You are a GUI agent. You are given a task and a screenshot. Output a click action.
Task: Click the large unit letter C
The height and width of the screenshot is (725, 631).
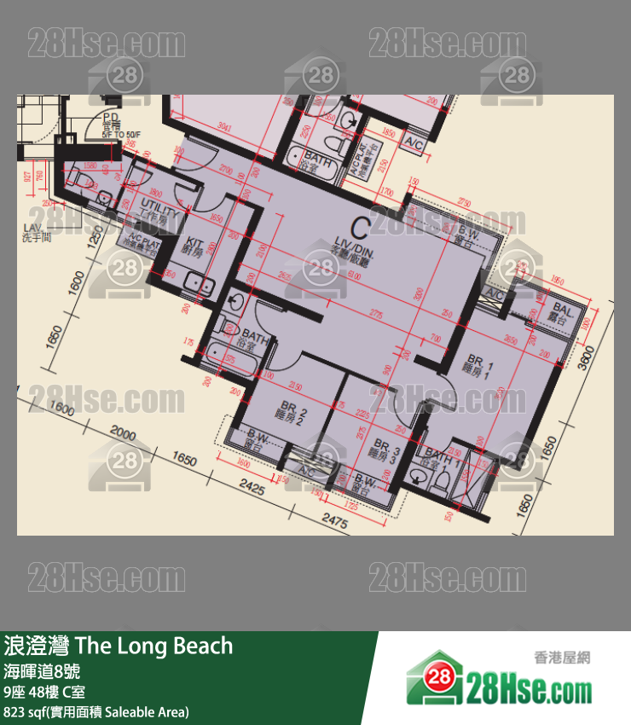tap(360, 227)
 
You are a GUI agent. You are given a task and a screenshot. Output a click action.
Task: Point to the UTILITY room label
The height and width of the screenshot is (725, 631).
tap(159, 214)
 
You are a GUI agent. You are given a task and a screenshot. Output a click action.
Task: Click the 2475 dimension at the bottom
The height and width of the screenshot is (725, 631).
tap(334, 522)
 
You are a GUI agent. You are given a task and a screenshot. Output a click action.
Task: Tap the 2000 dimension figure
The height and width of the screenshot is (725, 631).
tap(124, 434)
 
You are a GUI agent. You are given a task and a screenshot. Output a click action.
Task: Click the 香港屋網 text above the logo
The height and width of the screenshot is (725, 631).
tap(562, 658)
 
